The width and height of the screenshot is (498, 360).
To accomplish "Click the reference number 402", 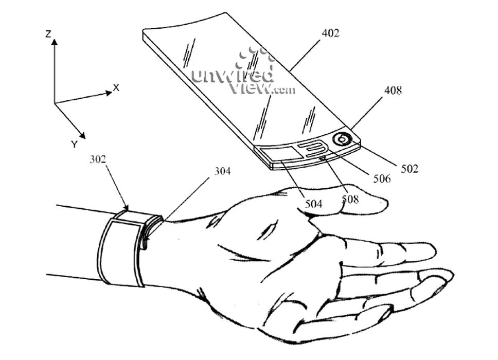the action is click(330, 33).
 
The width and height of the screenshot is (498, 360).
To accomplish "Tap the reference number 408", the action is click(393, 91).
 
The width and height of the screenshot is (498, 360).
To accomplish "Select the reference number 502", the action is click(410, 169).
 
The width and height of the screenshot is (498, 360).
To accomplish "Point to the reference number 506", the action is click(382, 179).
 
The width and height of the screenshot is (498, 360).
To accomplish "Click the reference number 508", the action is click(350, 200).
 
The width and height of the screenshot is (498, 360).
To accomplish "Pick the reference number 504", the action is click(313, 204).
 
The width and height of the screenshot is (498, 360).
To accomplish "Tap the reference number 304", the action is click(223, 171).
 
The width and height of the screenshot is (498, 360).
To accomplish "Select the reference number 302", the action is click(98, 159).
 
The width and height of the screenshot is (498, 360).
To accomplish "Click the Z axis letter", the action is click(48, 33).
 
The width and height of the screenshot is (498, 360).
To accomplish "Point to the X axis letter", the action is click(116, 87).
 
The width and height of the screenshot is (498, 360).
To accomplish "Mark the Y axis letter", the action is click(74, 145).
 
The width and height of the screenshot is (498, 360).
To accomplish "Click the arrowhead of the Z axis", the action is click(55, 42).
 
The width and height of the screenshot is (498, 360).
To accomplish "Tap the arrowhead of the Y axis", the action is click(82, 135).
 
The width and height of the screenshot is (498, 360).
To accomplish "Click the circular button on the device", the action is click(342, 139).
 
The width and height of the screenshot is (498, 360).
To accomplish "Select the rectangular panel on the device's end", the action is click(282, 155).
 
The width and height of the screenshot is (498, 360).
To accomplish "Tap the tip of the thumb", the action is click(387, 203).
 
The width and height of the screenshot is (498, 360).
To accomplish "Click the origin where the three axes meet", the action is click(55, 103).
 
